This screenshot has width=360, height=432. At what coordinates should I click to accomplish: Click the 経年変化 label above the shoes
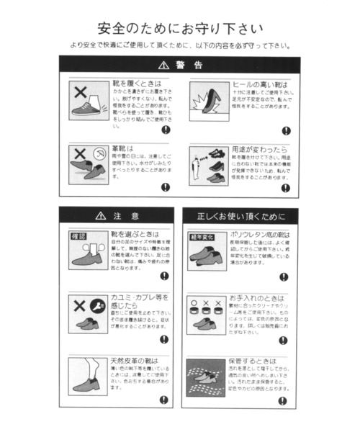coord(200,237)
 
